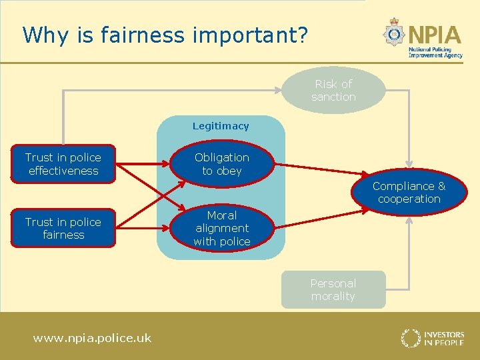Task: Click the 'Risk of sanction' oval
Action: (333, 90)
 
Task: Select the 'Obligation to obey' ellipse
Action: (222, 164)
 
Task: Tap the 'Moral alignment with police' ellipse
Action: (222, 228)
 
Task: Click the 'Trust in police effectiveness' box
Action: (63, 164)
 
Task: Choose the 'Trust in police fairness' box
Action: (63, 228)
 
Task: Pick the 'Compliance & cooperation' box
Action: (409, 192)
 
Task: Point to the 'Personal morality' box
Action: (333, 289)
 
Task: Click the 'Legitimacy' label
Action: (221, 126)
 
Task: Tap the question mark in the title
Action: (303, 35)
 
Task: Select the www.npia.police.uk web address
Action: (92, 338)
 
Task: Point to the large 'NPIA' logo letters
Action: (435, 33)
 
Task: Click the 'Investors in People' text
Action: (443, 337)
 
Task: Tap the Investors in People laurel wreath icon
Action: (410, 337)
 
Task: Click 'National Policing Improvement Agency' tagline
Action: (435, 53)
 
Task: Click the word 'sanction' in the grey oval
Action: (333, 97)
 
